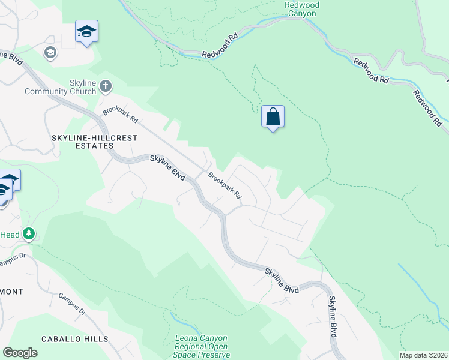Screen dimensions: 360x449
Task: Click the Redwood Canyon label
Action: click(x=301, y=8)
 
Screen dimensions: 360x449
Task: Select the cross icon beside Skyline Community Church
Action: click(x=106, y=86)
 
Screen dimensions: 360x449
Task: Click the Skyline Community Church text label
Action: click(x=60, y=88)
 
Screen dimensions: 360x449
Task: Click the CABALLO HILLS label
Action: click(x=75, y=339)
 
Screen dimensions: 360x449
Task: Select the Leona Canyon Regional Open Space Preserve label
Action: click(x=202, y=347)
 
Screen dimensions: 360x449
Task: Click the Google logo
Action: click(x=20, y=353)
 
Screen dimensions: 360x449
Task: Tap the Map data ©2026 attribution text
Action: click(x=423, y=355)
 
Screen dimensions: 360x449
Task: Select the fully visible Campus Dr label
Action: click(x=73, y=304)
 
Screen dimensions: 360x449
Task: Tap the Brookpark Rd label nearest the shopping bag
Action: click(x=225, y=186)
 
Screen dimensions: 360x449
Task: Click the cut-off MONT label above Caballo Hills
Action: click(x=11, y=292)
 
